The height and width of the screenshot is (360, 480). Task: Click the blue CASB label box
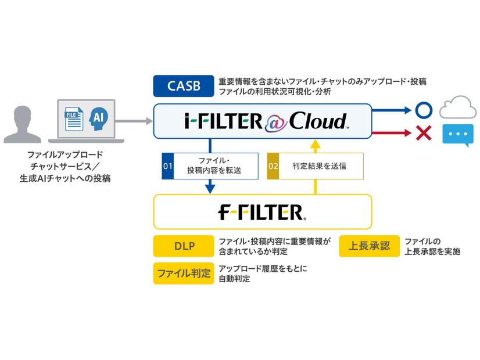[x=184, y=86]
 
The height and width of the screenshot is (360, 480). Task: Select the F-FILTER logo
[x=263, y=211]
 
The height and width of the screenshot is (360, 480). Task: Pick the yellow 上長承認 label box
[x=369, y=246]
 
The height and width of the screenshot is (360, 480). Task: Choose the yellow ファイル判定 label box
[x=183, y=273]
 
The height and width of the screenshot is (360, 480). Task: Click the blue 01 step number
[x=168, y=166]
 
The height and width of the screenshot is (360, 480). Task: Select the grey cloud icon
[x=458, y=108]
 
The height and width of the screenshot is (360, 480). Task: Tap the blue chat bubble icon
[x=458, y=134]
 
